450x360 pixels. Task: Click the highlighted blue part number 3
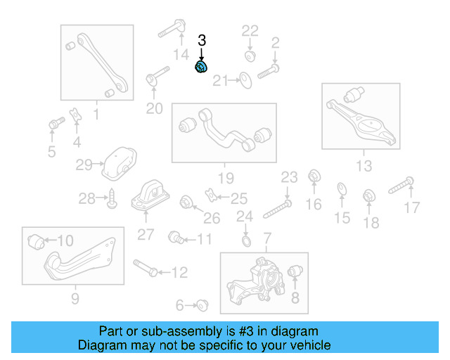pyautogui.click(x=201, y=67)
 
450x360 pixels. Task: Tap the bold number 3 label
pyautogui.click(x=202, y=41)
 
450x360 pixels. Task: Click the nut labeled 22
pyautogui.click(x=250, y=55)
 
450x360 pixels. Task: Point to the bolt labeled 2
pyautogui.click(x=269, y=70)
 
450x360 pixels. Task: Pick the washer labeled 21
pyautogui.click(x=245, y=80)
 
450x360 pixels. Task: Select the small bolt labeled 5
pyautogui.click(x=53, y=125)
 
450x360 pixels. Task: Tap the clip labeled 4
pyautogui.click(x=75, y=115)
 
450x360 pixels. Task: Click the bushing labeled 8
pyautogui.click(x=296, y=271)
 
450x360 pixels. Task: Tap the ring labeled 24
pyautogui.click(x=245, y=242)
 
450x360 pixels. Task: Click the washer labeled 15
pyautogui.click(x=341, y=188)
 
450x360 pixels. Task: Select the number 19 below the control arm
pyautogui.click(x=224, y=177)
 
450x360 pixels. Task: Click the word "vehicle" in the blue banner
pyautogui.click(x=308, y=345)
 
